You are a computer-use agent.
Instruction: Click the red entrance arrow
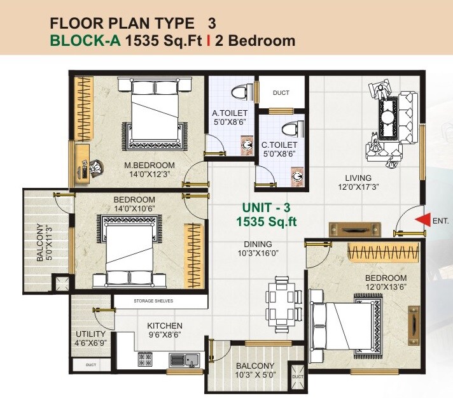(x=421, y=220)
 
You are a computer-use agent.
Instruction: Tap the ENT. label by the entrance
(x=440, y=222)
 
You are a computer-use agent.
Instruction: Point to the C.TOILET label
(x=279, y=145)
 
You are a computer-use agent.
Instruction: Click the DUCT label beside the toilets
(x=281, y=93)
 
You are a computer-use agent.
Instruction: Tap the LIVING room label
(x=358, y=178)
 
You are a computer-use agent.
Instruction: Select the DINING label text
(x=258, y=244)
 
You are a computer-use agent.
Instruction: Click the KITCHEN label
(x=165, y=325)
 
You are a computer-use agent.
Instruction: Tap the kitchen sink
(x=190, y=360)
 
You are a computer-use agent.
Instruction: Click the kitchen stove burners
(x=145, y=360)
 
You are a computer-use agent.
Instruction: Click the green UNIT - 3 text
(x=266, y=208)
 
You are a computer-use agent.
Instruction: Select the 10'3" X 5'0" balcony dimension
(x=255, y=376)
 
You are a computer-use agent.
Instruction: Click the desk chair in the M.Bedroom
(x=95, y=167)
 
